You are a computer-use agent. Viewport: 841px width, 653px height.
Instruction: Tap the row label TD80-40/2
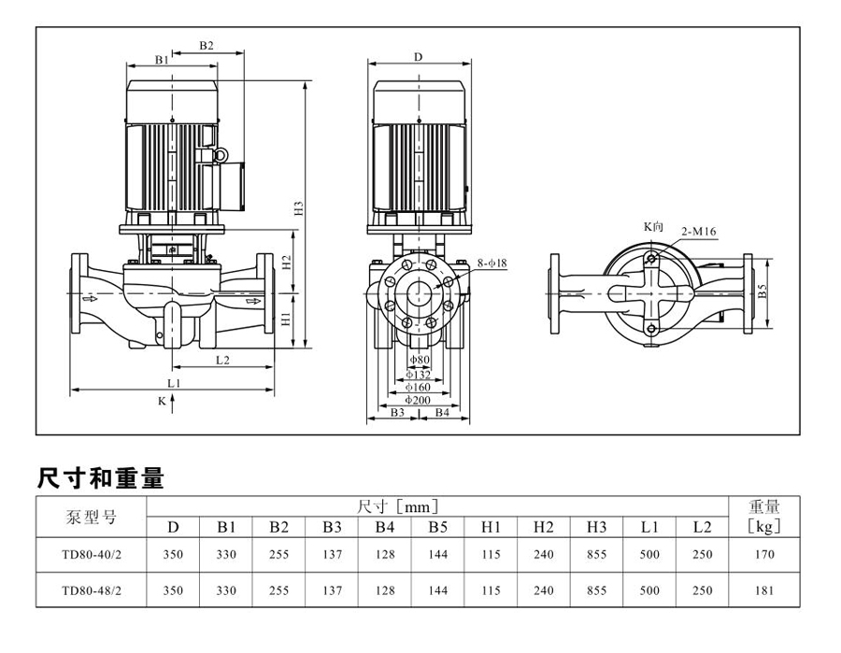(x=92, y=554)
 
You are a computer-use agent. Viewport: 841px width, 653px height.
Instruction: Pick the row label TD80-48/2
(x=92, y=590)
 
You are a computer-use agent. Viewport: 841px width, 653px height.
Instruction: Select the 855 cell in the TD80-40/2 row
(x=597, y=554)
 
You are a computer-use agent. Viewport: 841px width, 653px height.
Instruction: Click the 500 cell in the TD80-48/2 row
(x=649, y=590)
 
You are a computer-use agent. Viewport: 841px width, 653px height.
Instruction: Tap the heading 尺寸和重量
(x=100, y=479)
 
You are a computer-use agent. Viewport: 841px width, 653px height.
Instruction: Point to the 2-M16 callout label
(x=699, y=231)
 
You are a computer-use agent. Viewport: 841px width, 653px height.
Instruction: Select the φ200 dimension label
(x=418, y=399)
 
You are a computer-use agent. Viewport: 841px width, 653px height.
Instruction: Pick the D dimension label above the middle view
(x=418, y=57)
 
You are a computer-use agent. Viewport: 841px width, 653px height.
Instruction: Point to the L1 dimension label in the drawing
(x=174, y=384)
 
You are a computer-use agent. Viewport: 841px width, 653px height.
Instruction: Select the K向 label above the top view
(x=653, y=226)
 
